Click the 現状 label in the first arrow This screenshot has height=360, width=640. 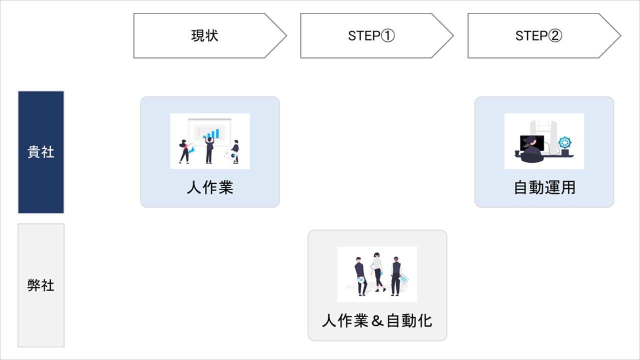point(205,36)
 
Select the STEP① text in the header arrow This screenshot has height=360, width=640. point(371,36)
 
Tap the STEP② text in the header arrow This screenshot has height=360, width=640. point(538,36)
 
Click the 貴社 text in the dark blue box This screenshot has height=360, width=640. point(41,152)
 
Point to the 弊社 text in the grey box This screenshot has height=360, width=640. point(41,285)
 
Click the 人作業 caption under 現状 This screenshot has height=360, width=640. point(210,187)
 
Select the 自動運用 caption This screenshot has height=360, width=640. point(544,187)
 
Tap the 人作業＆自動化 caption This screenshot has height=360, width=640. point(377,320)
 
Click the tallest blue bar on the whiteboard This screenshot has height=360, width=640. point(217,133)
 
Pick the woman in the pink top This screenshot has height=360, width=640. point(185,149)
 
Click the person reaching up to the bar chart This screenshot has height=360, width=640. point(209,149)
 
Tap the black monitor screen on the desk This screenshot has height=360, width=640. point(526,142)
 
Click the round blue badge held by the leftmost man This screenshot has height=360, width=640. point(360,280)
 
